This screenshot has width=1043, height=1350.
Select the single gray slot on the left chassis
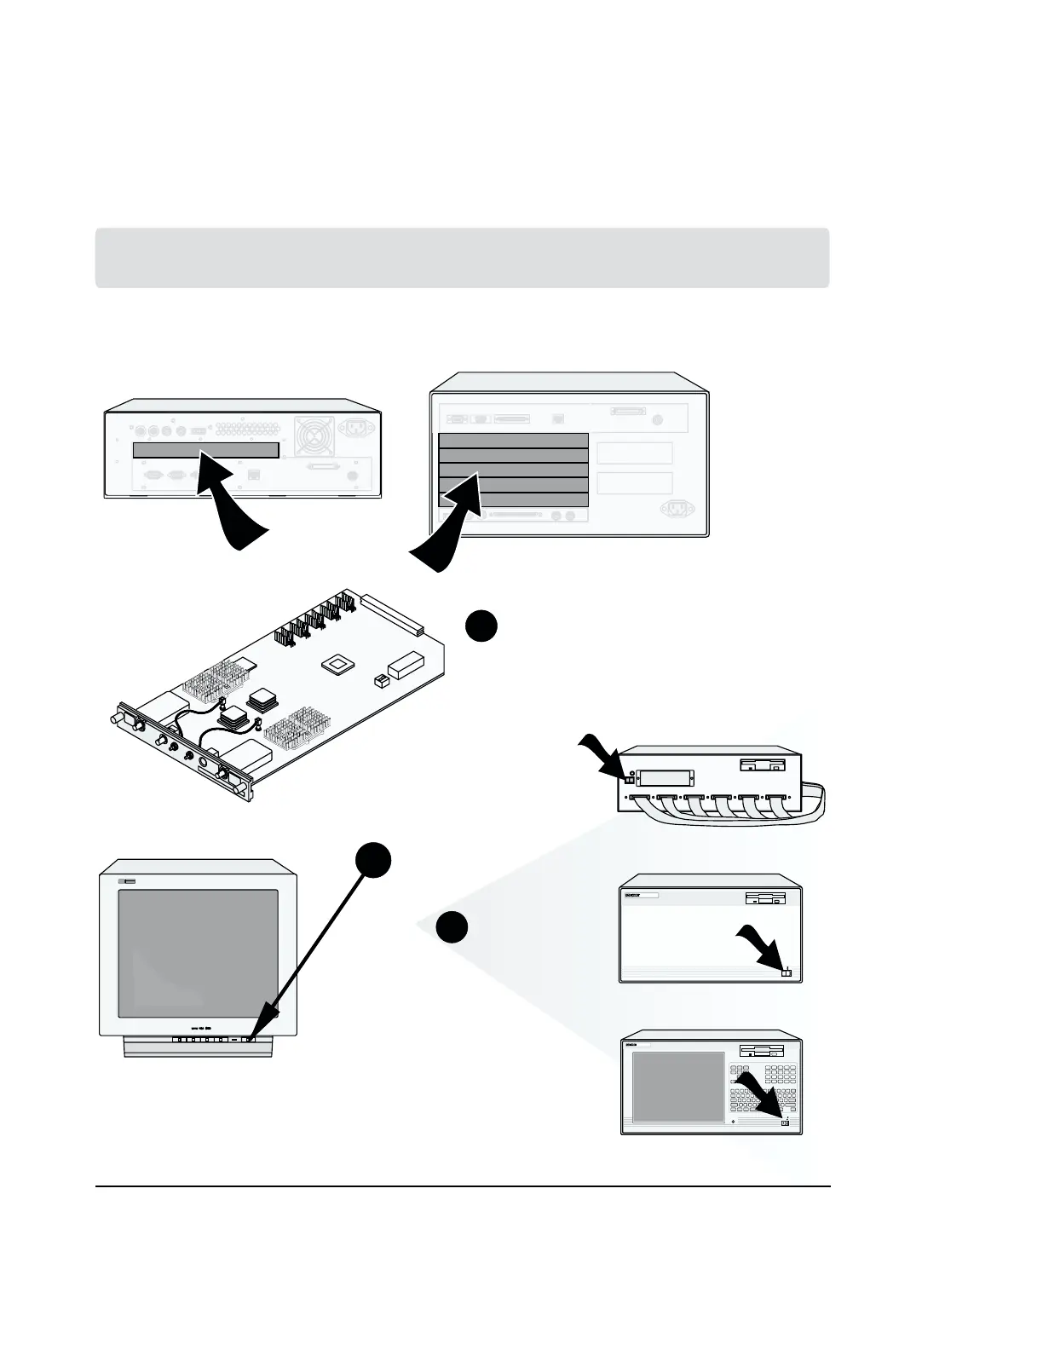coord(205,450)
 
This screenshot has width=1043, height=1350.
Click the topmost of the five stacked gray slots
coord(513,441)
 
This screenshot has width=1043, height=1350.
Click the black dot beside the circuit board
coord(481,626)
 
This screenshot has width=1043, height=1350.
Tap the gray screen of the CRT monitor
coord(198,954)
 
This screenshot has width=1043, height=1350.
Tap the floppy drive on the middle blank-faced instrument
coord(765,898)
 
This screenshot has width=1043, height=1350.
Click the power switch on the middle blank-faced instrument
coord(787,972)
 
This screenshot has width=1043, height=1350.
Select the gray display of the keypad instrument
coord(678,1087)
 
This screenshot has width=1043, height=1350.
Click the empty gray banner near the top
coord(462,257)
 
